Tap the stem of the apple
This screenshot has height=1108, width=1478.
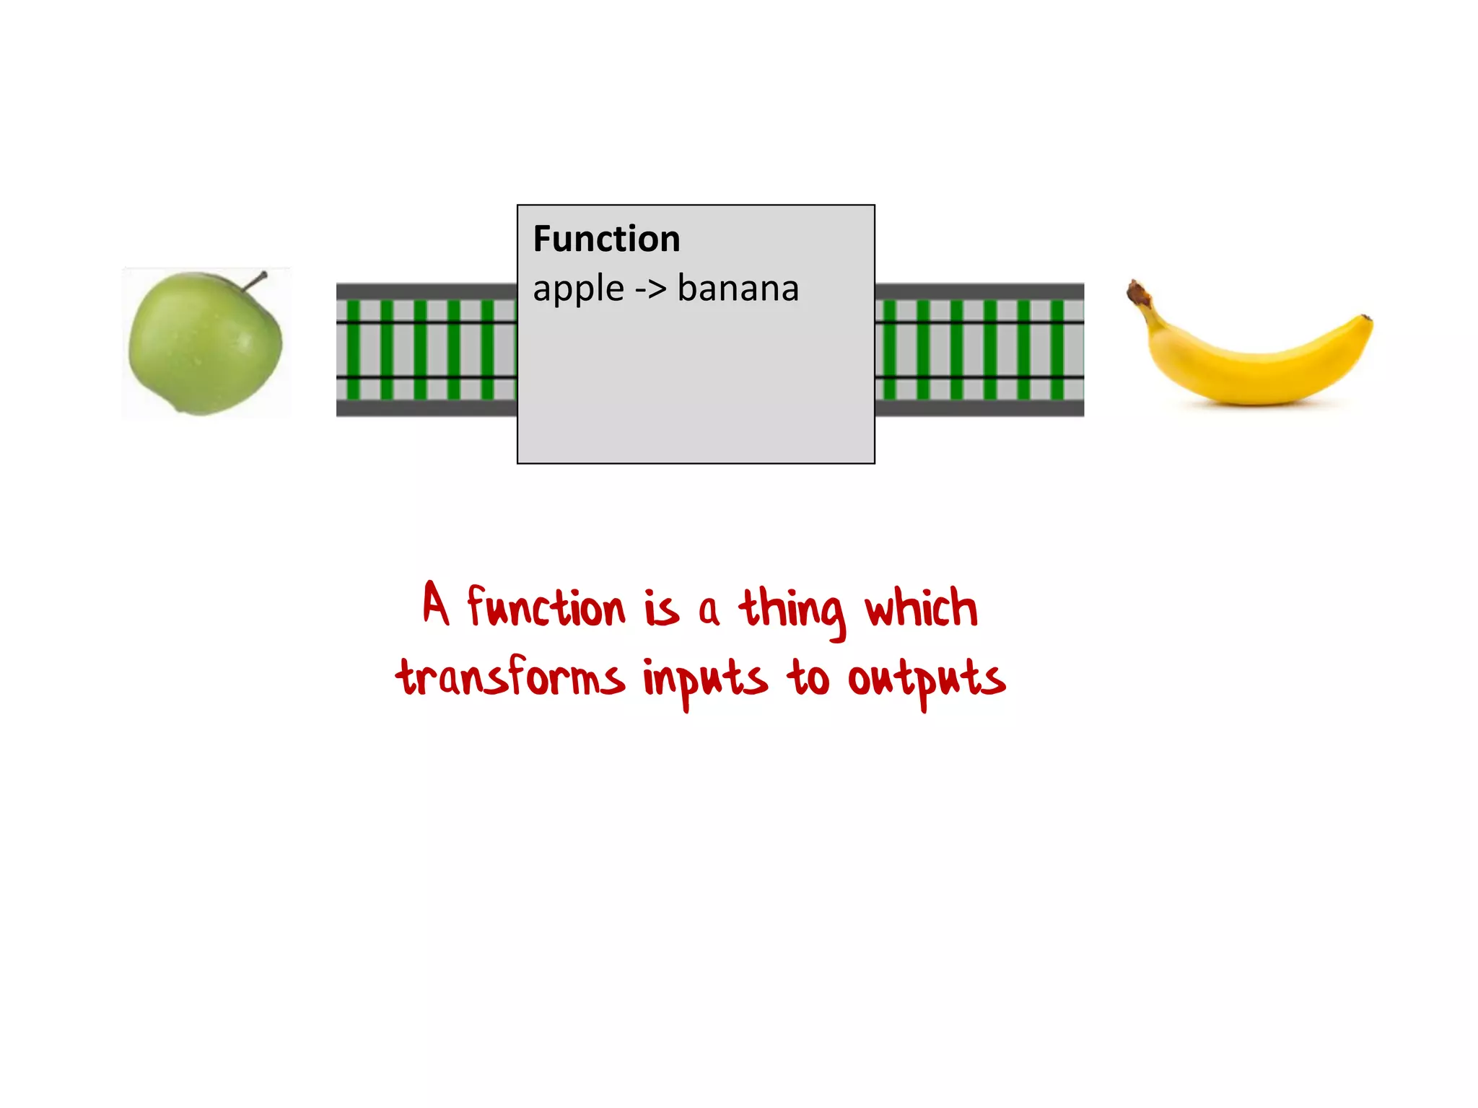tap(255, 281)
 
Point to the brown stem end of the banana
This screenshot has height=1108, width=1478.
tap(1138, 293)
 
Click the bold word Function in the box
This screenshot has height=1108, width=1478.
tap(606, 239)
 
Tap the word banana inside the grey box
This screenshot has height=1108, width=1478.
tap(738, 289)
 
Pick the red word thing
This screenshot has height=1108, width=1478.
tap(792, 610)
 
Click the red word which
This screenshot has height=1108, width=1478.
tap(922, 607)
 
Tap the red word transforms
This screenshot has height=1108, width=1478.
tap(510, 678)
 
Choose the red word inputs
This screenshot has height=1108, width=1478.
tap(704, 681)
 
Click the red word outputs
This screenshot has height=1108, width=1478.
tap(926, 681)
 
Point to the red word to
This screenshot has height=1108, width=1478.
tap(808, 678)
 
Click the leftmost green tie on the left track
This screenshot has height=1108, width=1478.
tap(354, 350)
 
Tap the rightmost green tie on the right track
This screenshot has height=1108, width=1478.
tap(1057, 350)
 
